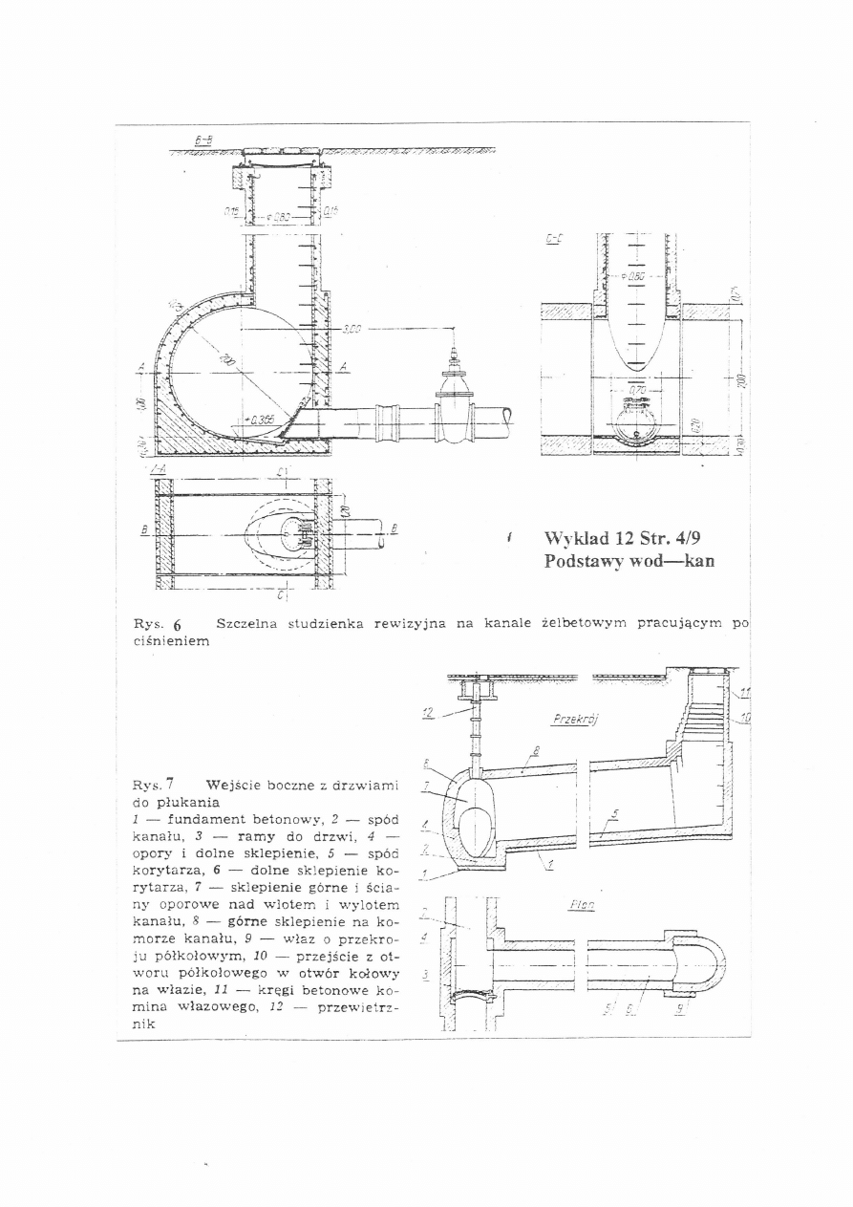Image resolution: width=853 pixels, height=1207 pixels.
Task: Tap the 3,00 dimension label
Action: (x=351, y=329)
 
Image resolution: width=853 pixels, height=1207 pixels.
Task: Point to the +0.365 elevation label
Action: (x=260, y=420)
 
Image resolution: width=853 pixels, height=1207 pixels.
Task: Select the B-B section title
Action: (x=203, y=141)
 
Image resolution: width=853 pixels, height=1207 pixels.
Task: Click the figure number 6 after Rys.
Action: (x=177, y=625)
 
